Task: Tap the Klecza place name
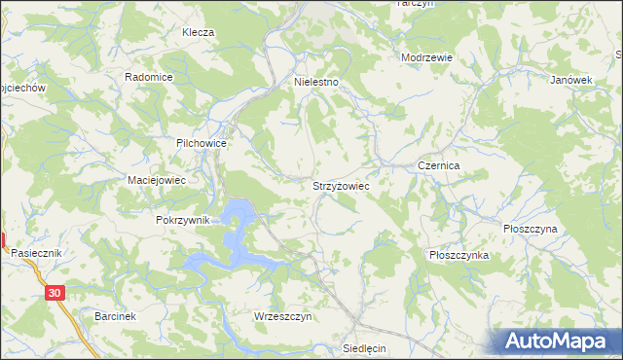198,32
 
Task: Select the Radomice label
149,77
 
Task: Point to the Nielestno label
316,83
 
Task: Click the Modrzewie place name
427,57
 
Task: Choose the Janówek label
571,80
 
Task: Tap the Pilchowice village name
202,143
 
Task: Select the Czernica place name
438,166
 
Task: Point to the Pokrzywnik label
183,221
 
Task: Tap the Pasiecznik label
37,252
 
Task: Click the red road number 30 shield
55,292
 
